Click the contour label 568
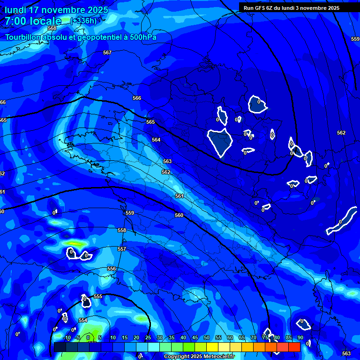[52, 29]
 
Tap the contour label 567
[107, 53]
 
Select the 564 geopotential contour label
[156, 140]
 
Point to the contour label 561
[179, 196]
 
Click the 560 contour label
[179, 215]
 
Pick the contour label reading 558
[122, 230]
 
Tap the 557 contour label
[122, 249]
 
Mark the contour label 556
[112, 269]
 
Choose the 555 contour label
[98, 297]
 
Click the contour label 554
[83, 320]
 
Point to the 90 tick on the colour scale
[300, 337]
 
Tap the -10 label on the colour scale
[67, 337]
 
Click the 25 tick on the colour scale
[148, 337]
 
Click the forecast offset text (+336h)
[83, 21]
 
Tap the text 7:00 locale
[33, 21]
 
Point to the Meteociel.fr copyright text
[199, 357]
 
